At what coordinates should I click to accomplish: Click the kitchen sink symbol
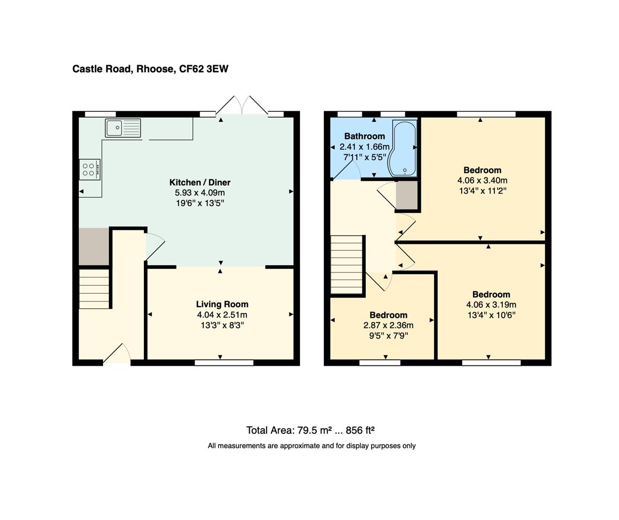tap(123, 128)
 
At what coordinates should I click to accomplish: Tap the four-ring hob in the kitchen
tap(90, 169)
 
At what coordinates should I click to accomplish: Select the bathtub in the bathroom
tap(403, 149)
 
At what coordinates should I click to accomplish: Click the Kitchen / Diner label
tap(200, 182)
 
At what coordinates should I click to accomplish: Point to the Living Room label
tap(222, 304)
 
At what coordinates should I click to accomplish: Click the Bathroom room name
tap(364, 136)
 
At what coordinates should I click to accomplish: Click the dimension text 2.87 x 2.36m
tap(388, 325)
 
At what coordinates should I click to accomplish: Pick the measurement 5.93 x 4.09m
tap(200, 193)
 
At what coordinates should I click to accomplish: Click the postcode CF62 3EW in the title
tap(204, 69)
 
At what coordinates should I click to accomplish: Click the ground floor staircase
tap(94, 289)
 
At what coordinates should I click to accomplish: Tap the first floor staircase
tap(346, 264)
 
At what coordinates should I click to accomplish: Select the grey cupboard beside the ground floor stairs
tap(94, 247)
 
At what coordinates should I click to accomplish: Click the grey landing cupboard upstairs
tap(406, 195)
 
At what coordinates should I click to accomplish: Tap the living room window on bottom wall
tap(224, 363)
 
